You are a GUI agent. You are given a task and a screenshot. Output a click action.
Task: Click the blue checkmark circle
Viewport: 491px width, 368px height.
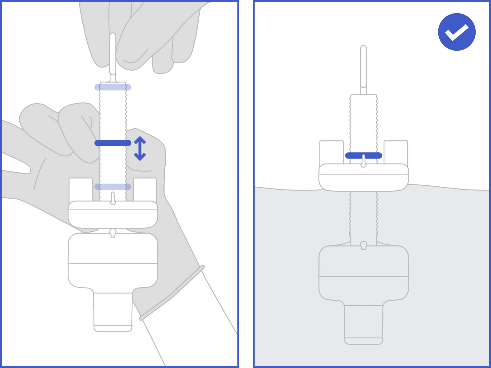pos(456,32)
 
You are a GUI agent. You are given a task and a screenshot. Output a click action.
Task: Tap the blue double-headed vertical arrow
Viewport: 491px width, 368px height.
pos(140,148)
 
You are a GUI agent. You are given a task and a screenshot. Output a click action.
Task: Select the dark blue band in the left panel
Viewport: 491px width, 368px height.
pos(113,143)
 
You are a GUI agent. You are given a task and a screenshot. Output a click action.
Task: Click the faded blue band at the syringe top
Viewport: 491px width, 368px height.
pos(113,87)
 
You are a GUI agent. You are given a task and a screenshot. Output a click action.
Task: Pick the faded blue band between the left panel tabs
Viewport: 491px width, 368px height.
pos(113,187)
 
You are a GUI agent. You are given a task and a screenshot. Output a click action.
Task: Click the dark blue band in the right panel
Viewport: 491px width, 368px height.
pos(363,155)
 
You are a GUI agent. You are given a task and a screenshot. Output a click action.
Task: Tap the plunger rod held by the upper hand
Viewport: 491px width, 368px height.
pos(113,54)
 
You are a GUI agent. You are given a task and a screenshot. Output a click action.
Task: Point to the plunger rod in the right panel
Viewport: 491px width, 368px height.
pos(363,66)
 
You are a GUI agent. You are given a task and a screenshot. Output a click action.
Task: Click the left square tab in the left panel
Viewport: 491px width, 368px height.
pos(81,189)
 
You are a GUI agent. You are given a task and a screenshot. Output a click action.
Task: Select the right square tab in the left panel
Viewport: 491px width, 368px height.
pos(145,189)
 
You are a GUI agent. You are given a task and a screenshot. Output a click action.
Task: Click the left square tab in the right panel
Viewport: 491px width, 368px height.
pos(332,152)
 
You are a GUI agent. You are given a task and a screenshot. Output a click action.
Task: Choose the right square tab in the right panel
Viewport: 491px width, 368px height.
pos(396,152)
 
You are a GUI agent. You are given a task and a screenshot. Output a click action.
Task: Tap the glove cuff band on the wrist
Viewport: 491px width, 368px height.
pos(172,293)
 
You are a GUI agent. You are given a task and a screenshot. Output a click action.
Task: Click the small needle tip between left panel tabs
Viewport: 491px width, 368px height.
pos(113,198)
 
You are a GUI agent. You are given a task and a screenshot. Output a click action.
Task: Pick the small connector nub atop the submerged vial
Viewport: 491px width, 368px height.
pos(363,245)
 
